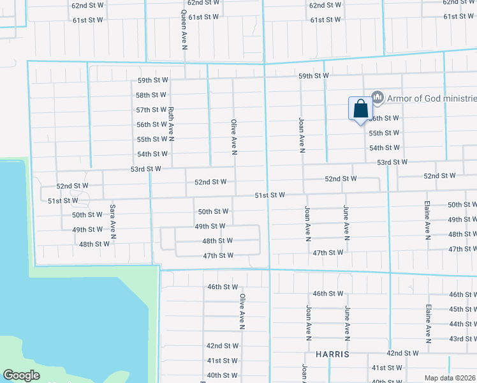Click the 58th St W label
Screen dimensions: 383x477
click(x=151, y=95)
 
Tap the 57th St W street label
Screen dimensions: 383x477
click(x=151, y=110)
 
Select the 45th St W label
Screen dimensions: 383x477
click(x=463, y=309)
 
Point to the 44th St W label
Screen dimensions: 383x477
click(x=463, y=324)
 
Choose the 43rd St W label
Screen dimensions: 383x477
click(x=463, y=338)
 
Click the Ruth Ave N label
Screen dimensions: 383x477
click(x=172, y=124)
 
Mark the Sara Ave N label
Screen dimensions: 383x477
click(x=112, y=221)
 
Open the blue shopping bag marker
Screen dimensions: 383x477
click(x=360, y=109)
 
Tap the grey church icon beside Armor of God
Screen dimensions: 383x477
click(x=377, y=98)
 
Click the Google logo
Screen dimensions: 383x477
click(x=21, y=375)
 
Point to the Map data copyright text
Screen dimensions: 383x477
click(x=450, y=377)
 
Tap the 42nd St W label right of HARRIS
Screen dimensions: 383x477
click(x=403, y=353)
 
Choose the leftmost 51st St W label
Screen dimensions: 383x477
click(x=62, y=200)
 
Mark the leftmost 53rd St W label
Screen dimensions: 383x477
click(x=146, y=169)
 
